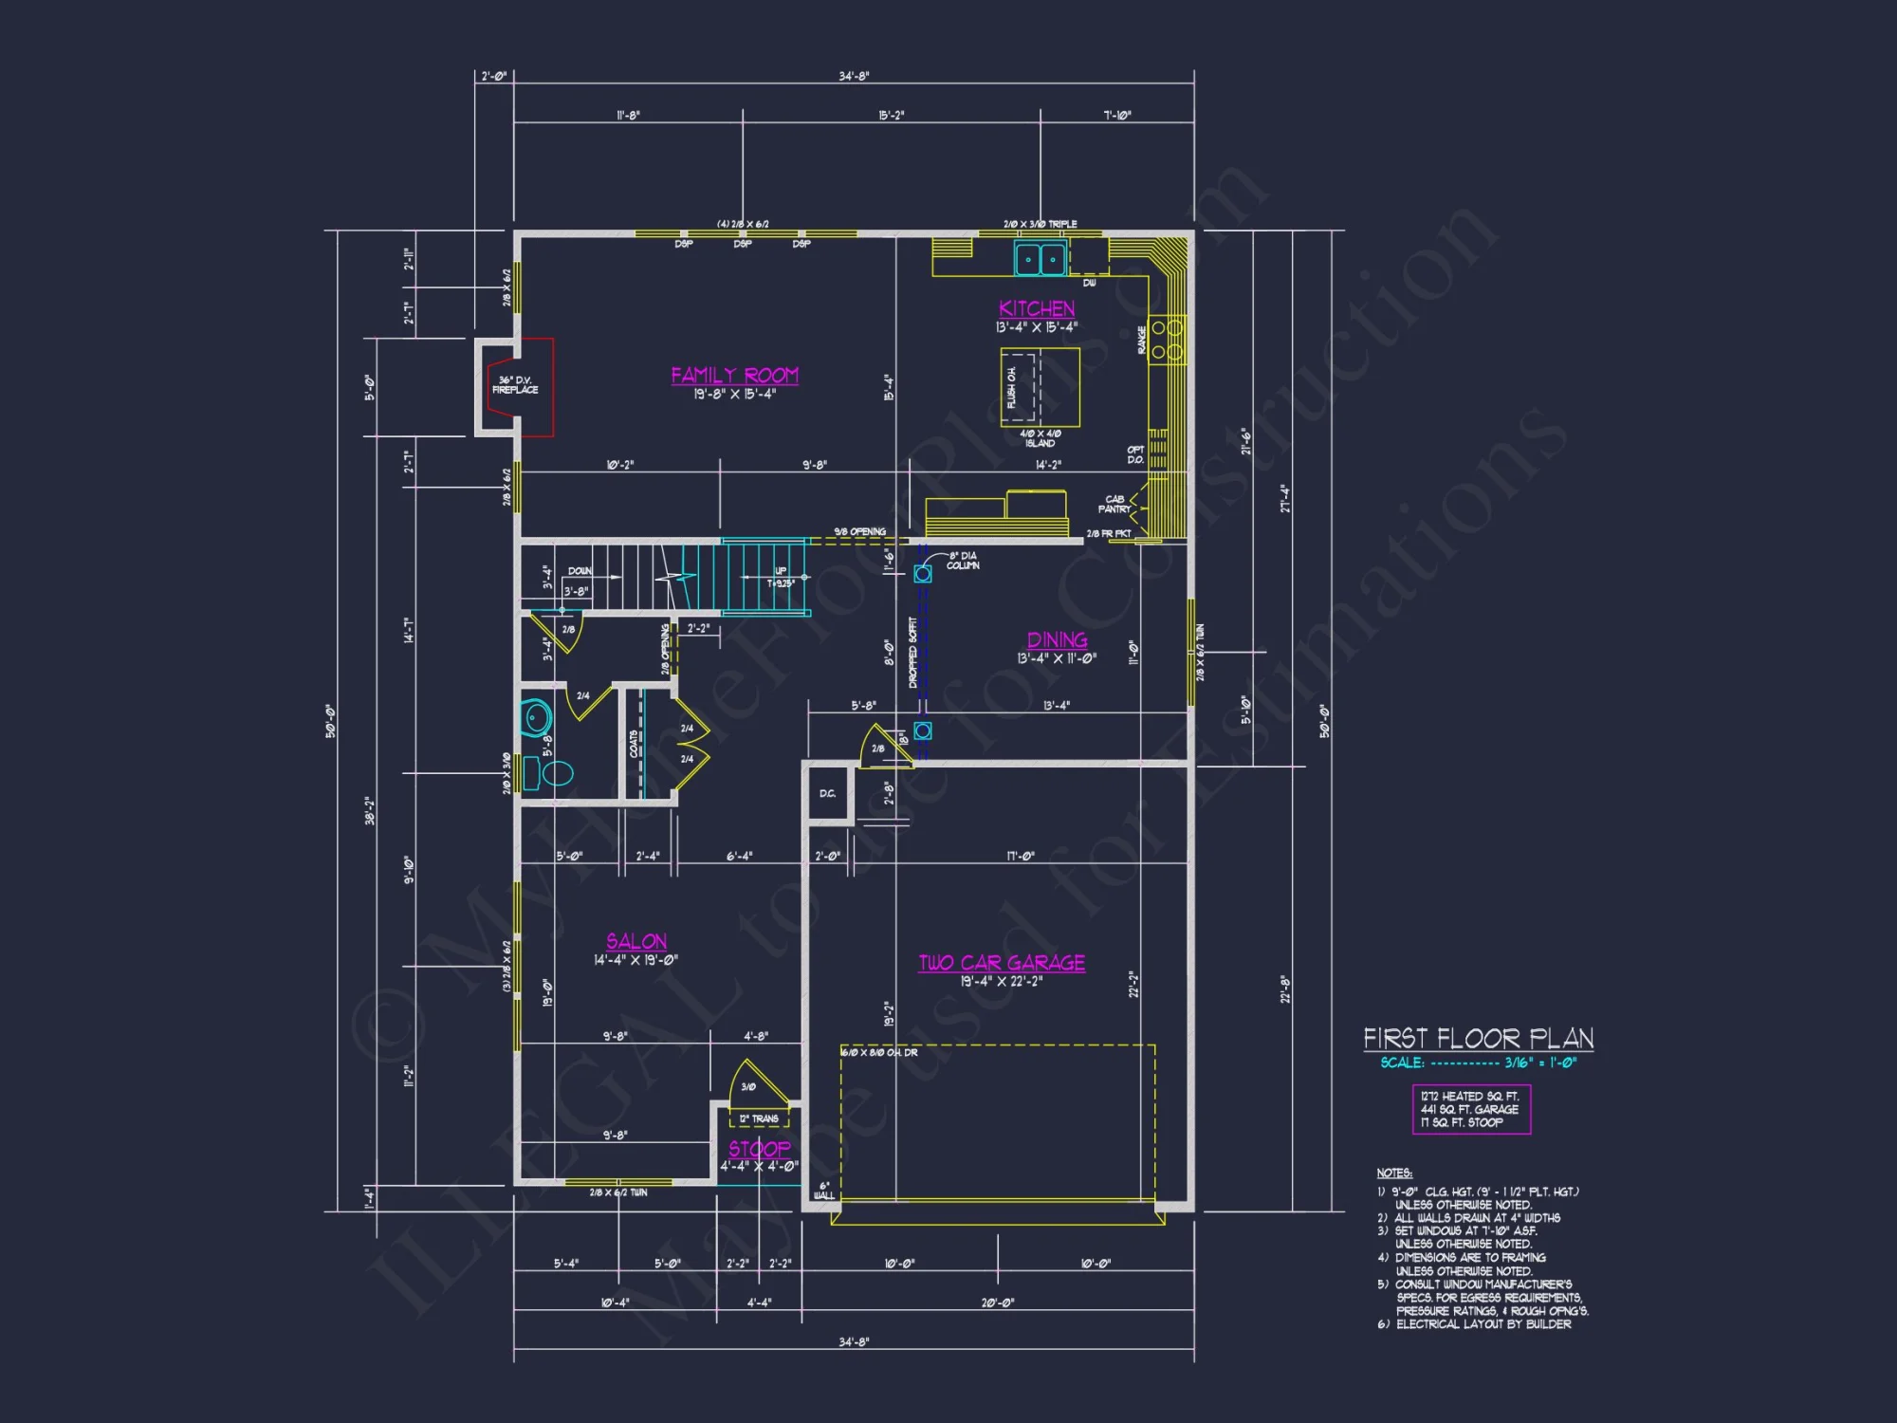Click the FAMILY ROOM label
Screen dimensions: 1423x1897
734,376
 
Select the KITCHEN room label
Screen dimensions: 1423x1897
1037,309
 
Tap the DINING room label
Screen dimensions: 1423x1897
1057,640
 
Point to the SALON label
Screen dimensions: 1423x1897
636,942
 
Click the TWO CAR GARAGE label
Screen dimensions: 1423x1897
1002,963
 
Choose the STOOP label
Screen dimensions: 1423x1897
759,1149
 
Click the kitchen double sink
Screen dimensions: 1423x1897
1040,258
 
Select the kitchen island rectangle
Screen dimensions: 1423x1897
1041,388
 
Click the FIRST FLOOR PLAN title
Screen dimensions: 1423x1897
1478,1039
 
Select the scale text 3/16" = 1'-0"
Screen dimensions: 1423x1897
1539,1063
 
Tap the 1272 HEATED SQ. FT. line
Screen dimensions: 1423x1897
1469,1097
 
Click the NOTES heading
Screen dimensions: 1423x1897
1394,1174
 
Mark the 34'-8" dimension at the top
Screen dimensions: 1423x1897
854,76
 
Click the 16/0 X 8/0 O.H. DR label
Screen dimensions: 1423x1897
878,1053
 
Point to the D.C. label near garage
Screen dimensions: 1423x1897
827,794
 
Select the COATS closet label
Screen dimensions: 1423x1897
634,744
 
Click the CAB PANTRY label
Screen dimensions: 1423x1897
1114,505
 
